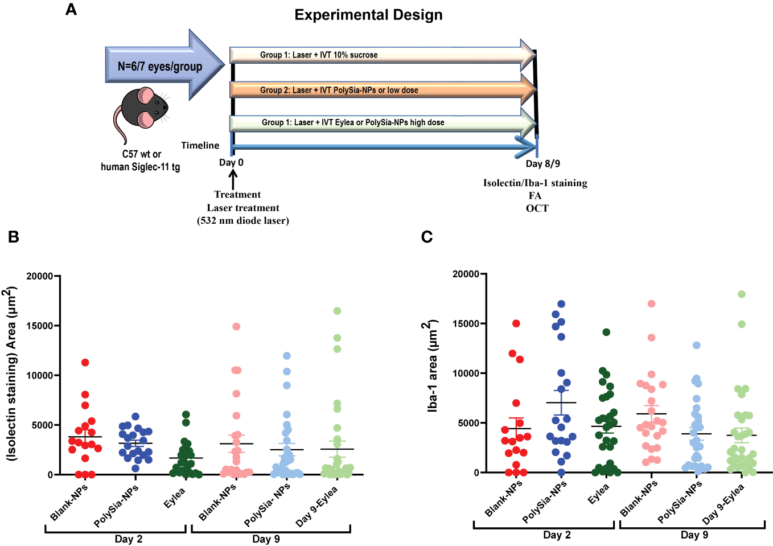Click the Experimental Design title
pos(368,15)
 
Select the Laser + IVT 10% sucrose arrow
pos(381,55)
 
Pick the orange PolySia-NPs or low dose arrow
pos(381,90)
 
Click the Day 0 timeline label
pos(231,163)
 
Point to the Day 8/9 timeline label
pos(542,164)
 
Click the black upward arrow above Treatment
pos(233,179)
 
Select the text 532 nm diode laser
pos(243,221)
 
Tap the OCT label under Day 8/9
pos(537,208)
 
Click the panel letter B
pos(14,237)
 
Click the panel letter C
pos(426,237)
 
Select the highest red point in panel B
pos(85,363)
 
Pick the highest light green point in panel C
pos(742,294)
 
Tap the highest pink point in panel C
pos(651,303)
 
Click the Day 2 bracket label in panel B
pos(129,539)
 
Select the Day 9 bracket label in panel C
pos(694,535)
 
